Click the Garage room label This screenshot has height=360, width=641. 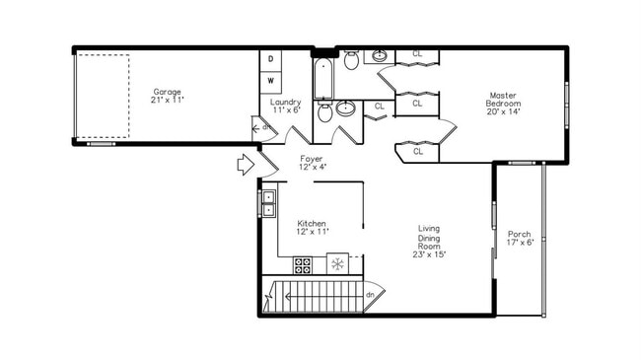[x=167, y=92]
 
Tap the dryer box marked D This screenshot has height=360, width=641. [x=271, y=59]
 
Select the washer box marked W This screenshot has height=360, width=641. [x=271, y=80]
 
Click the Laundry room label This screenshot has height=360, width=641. [x=285, y=102]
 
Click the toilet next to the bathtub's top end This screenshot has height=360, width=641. [x=351, y=61]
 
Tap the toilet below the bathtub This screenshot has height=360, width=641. [x=325, y=112]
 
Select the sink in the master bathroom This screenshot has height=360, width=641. [x=380, y=54]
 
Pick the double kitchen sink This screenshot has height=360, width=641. [x=268, y=202]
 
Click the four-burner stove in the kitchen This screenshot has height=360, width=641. [x=304, y=264]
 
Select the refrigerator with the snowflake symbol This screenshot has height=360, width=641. [x=337, y=264]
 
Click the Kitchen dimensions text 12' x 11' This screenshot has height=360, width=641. [x=312, y=232]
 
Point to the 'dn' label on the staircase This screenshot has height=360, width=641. [x=370, y=294]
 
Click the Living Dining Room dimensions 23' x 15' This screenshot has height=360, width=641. [x=430, y=254]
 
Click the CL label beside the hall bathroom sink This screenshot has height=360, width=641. [x=380, y=106]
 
